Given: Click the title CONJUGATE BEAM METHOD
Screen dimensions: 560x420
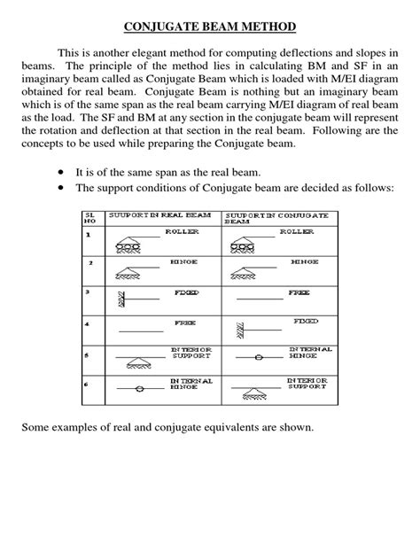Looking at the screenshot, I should click(209, 28).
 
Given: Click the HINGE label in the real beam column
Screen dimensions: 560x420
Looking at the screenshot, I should click(184, 262).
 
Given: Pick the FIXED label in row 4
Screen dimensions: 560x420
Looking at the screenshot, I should click(306, 321).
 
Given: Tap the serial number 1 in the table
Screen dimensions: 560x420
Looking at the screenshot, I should click(88, 235).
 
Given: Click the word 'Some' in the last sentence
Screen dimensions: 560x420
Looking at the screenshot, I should click(36, 429).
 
